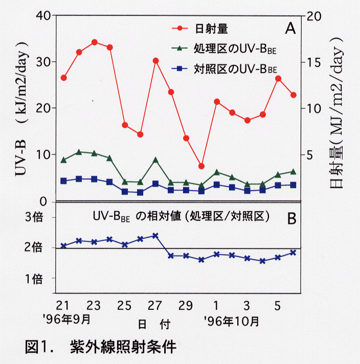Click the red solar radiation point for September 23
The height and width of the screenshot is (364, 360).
94,42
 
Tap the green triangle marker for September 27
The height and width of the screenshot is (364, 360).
155,160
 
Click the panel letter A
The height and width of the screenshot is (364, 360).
290,28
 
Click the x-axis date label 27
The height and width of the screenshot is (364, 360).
155,305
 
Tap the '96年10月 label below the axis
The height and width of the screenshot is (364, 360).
231,321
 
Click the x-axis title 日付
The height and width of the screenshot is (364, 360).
153,324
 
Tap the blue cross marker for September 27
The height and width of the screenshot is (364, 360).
155,236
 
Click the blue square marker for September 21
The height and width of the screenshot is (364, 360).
63,180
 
